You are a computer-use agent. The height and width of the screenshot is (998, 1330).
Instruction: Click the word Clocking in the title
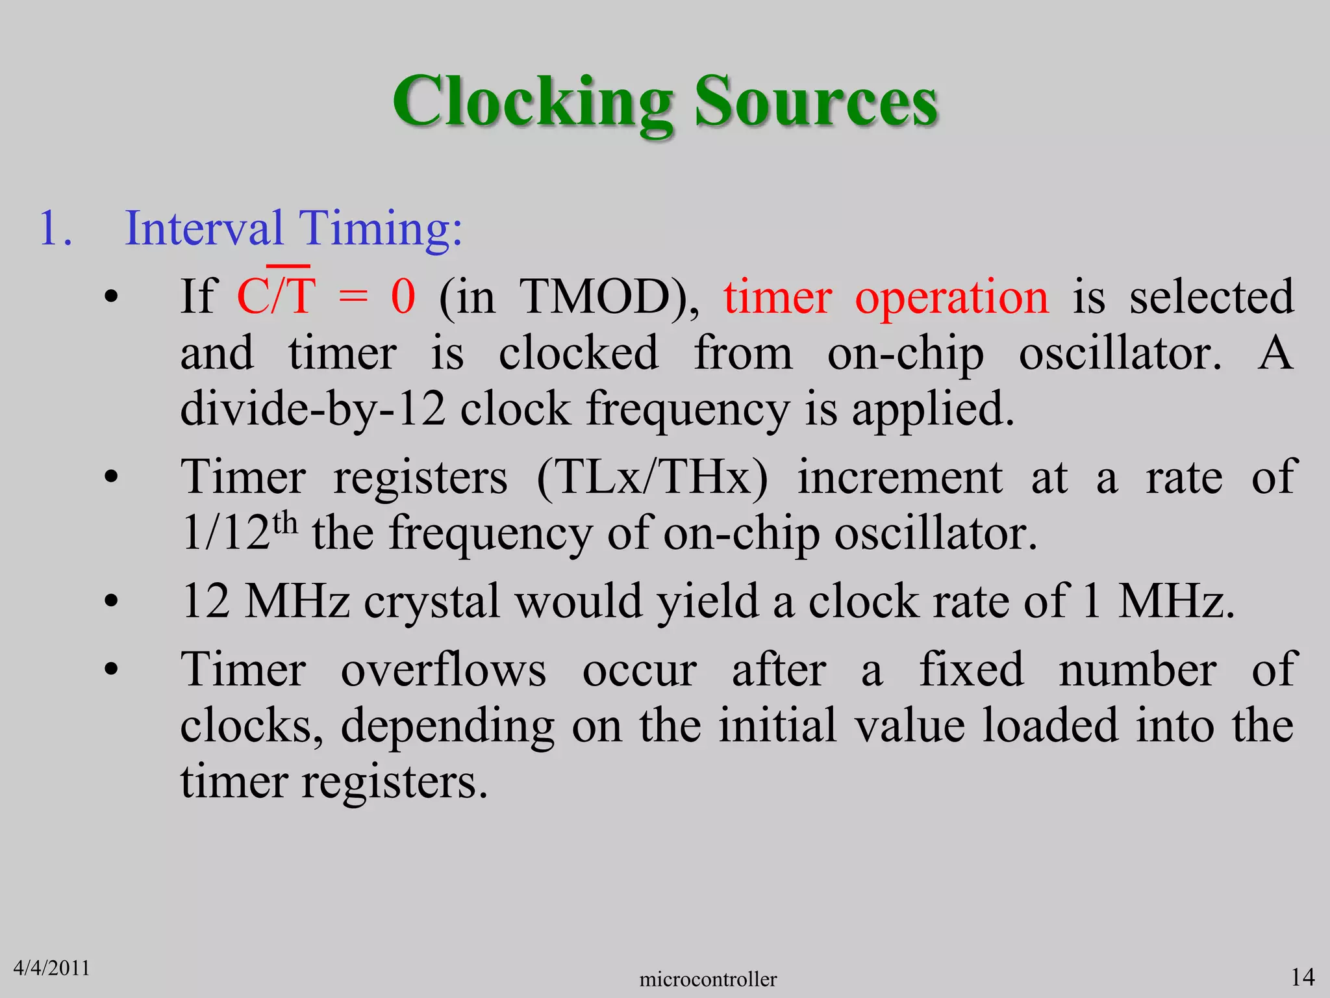point(533,103)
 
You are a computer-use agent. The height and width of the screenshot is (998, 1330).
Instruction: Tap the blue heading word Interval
point(204,229)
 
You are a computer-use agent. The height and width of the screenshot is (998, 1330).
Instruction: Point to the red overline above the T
point(288,266)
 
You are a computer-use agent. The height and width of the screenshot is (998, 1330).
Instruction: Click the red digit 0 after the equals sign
point(403,297)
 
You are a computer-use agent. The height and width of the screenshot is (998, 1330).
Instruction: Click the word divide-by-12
point(312,409)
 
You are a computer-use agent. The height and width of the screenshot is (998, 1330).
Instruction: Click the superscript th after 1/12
point(284,522)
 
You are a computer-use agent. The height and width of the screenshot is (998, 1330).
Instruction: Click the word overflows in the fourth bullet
point(444,669)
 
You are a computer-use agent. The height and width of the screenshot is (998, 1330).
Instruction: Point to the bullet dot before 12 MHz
point(111,602)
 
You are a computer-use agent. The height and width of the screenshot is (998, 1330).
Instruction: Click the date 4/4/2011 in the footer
point(51,968)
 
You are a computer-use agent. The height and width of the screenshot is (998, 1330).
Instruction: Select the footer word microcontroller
point(707,979)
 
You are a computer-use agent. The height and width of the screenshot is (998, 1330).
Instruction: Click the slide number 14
point(1302,977)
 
